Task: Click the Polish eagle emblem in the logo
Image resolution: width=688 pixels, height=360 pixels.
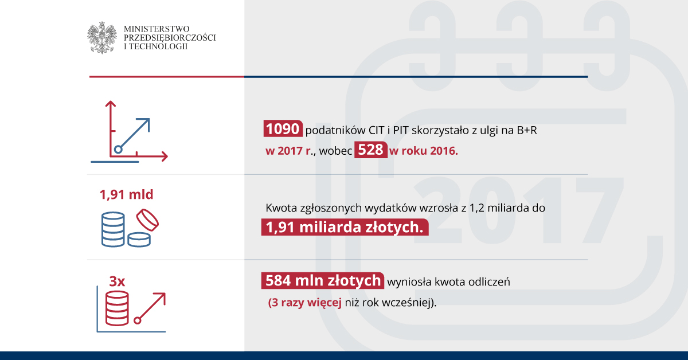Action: tap(101, 37)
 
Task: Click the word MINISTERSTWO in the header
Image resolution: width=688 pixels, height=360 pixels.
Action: tap(157, 29)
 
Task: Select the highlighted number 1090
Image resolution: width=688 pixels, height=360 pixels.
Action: tap(283, 128)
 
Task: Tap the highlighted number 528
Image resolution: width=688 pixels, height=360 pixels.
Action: tap(371, 150)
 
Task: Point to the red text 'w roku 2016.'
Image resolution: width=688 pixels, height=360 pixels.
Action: tap(424, 151)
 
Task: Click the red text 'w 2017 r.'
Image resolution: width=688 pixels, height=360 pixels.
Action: tap(289, 151)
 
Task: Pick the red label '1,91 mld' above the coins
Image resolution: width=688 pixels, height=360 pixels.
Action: tap(126, 194)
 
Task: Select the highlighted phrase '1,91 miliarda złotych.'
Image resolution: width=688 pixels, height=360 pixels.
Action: tap(345, 228)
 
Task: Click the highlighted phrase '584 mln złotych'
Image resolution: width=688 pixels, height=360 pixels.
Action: tap(322, 280)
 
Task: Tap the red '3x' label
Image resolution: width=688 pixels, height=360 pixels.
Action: tap(117, 281)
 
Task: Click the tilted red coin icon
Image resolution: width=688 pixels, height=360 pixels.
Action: tap(147, 220)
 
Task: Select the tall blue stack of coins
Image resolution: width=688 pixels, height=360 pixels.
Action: tap(113, 229)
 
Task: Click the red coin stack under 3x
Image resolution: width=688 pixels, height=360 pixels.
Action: tap(117, 308)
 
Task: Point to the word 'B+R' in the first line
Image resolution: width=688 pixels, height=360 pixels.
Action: tap(527, 130)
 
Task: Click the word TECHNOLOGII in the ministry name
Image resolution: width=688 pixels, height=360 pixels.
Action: tap(158, 46)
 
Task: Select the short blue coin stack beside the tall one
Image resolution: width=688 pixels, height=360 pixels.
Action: tap(139, 240)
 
